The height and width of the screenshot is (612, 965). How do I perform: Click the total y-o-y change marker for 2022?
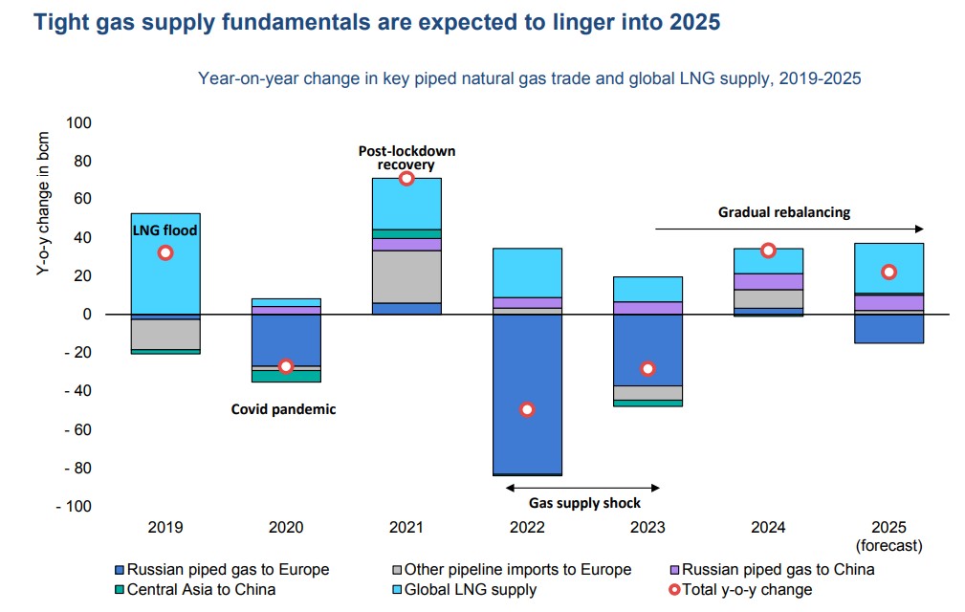[x=527, y=409]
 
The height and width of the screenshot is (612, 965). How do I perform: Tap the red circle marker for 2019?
[x=165, y=252]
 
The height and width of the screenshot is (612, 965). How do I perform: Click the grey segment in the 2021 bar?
[x=406, y=276]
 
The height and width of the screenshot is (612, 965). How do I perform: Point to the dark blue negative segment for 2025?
[x=889, y=328]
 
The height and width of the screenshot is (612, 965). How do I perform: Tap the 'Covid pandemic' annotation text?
[x=284, y=409]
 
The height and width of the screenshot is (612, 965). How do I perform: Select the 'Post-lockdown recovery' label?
[x=406, y=158]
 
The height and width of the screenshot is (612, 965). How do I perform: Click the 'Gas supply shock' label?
[x=585, y=503]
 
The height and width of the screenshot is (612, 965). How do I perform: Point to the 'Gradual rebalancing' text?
[x=784, y=212]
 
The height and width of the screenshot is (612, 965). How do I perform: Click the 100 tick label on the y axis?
[x=77, y=123]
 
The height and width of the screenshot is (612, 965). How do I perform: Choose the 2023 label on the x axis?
[x=647, y=527]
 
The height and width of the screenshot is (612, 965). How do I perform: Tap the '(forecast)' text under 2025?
[x=889, y=546]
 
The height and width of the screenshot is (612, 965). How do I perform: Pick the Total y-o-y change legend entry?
[x=747, y=589]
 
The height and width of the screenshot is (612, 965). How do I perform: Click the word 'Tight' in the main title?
[x=62, y=22]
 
